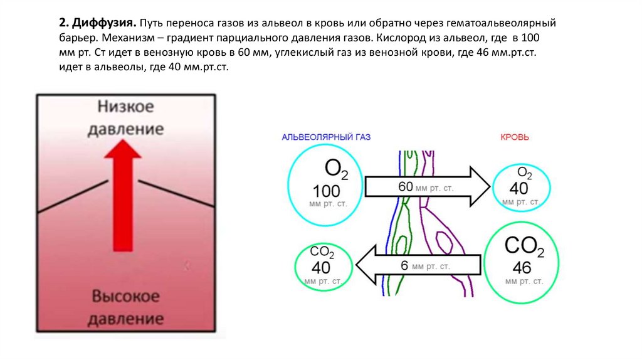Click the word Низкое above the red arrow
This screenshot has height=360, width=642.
125,106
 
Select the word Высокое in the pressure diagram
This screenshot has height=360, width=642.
125,296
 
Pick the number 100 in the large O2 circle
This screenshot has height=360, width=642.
326,192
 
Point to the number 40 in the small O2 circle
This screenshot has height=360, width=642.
519,188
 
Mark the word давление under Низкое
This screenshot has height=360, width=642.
125,130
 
